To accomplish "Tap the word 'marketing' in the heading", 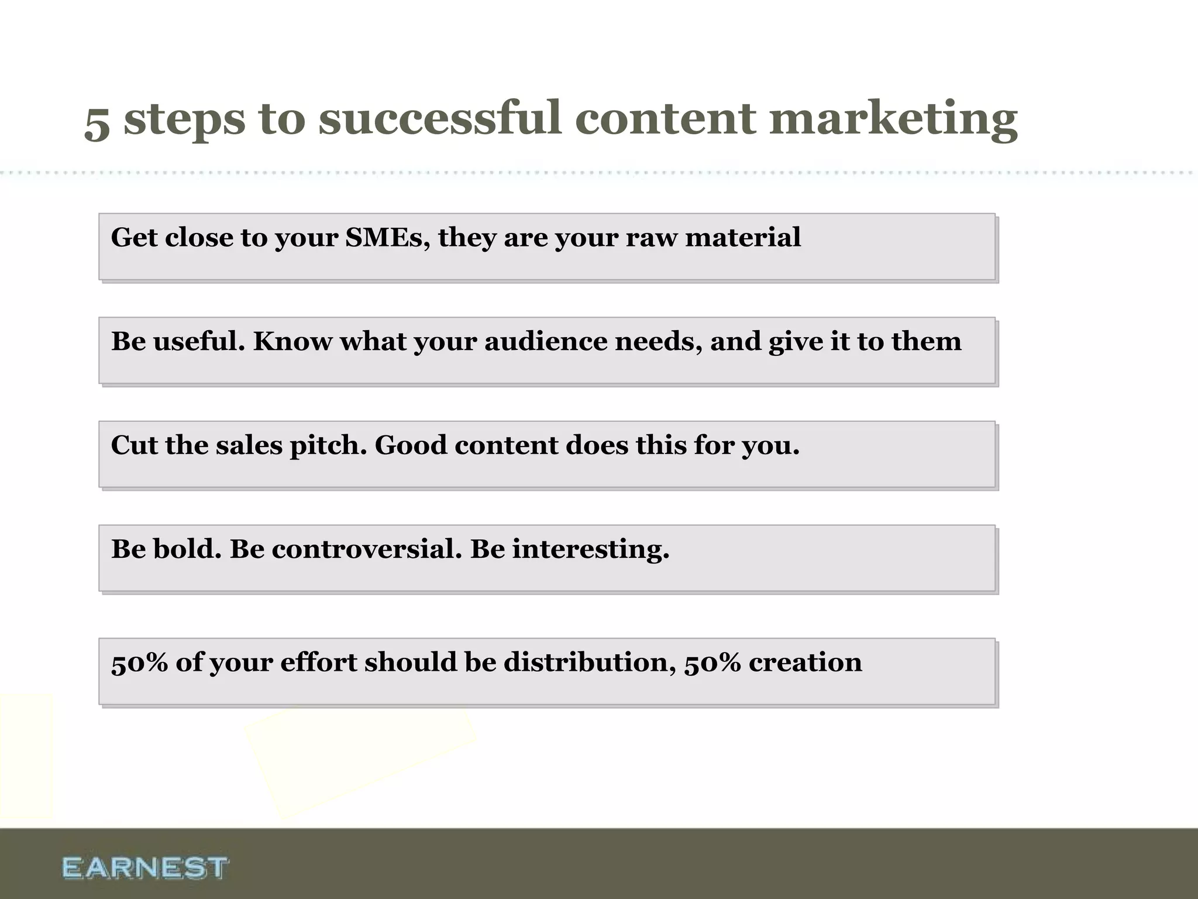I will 893,120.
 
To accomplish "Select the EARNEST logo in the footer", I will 144,867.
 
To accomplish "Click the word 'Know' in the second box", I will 292,341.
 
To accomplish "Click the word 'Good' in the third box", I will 411,445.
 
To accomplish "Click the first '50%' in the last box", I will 139,663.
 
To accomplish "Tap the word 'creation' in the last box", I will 805,663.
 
